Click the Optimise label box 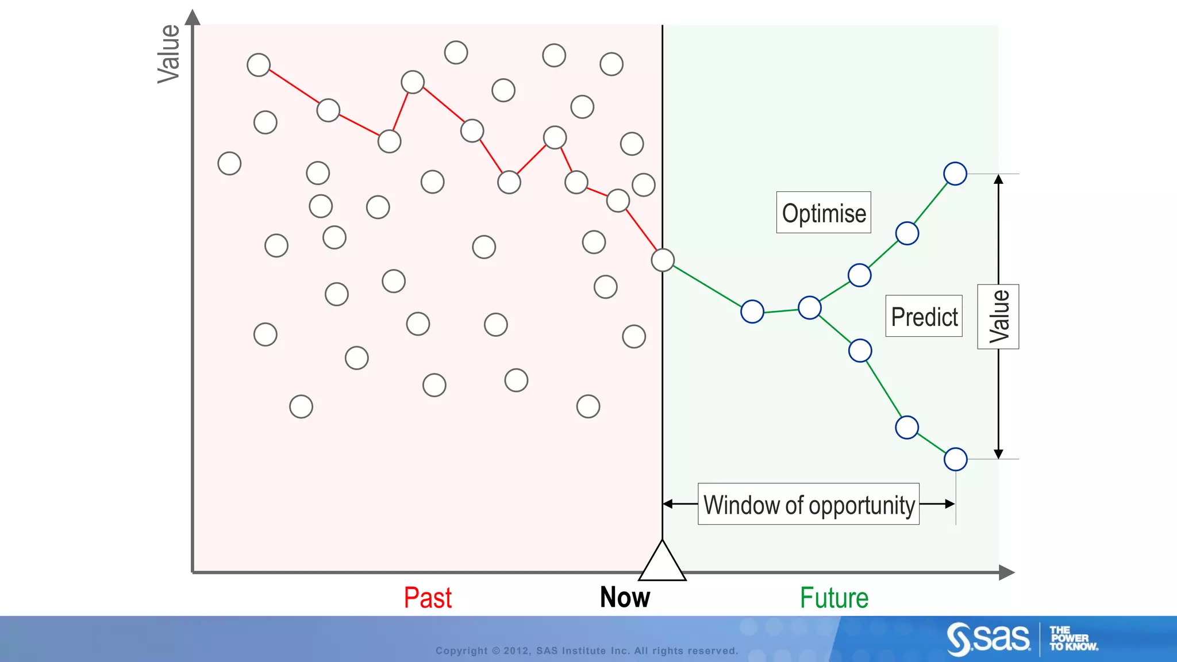pos(824,213)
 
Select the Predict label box pos(924,316)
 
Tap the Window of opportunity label pos(808,505)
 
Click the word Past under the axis pos(428,598)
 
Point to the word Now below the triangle pos(625,597)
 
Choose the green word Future pos(834,598)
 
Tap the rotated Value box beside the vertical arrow pos(998,317)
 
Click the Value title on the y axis pos(169,54)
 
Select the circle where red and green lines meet pos(663,260)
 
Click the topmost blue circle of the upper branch pos(955,174)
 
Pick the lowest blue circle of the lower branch pos(956,460)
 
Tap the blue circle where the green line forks pos(810,308)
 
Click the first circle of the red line pos(259,65)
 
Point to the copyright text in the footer pos(586,651)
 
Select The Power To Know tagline pos(1073,638)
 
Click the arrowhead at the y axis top pos(193,17)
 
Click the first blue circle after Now pos(752,312)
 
